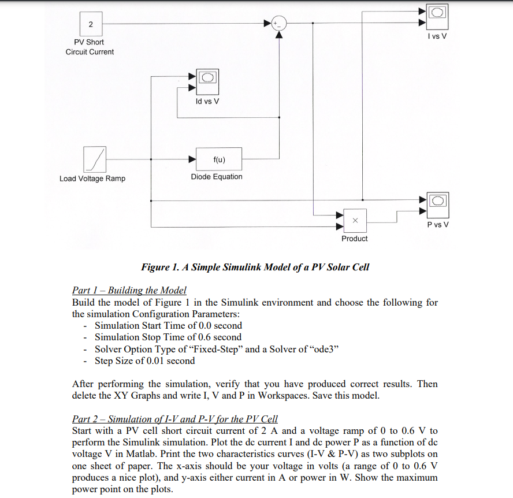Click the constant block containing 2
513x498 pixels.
point(91,24)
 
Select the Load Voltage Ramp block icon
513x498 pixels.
point(95,159)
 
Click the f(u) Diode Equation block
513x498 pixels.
point(219,159)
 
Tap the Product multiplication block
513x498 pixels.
point(355,221)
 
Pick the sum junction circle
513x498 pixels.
point(279,23)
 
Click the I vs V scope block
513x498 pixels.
point(437,17)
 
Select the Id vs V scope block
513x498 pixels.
point(207,82)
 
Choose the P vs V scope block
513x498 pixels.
point(438,205)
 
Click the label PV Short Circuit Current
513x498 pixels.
point(90,47)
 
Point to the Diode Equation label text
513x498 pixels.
point(217,177)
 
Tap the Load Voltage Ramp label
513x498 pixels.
point(92,179)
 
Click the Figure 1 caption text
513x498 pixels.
point(255,267)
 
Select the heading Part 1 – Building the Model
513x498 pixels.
point(129,290)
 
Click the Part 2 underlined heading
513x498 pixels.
point(174,419)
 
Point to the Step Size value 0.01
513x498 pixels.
point(155,361)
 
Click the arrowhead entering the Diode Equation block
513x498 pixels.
point(192,159)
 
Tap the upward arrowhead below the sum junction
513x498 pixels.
point(279,35)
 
